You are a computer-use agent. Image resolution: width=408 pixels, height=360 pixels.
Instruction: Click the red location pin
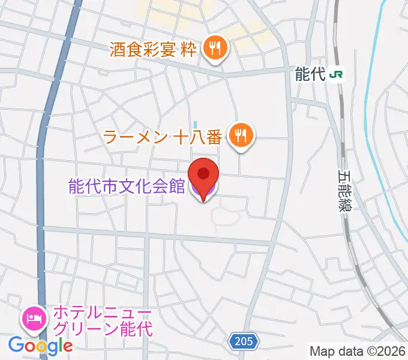pyautogui.click(x=203, y=174)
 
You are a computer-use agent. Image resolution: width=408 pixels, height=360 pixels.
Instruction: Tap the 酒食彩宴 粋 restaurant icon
pyautogui.click(x=213, y=49)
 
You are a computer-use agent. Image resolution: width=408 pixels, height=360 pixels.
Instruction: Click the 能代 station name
pyautogui.click(x=310, y=74)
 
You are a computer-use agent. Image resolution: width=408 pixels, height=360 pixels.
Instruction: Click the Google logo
pyautogui.click(x=40, y=345)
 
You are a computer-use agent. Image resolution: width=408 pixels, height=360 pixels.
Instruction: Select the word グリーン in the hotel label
pyautogui.click(x=93, y=329)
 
